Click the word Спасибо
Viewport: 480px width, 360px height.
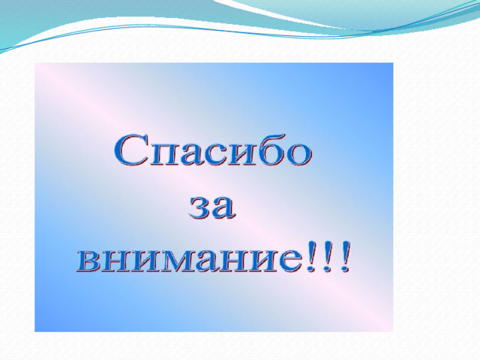pos(213,151)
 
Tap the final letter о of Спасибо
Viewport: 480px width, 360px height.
pos(296,155)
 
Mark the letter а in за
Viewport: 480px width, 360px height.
pos(224,208)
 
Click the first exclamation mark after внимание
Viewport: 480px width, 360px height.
pos(311,256)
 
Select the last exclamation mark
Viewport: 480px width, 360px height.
pos(344,256)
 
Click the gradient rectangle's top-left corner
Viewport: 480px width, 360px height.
pos(35,63)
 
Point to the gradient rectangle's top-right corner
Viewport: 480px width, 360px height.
pos(393,63)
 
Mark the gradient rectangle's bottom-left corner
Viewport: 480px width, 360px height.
pos(35,331)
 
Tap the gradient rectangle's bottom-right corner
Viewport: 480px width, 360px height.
pos(393,331)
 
